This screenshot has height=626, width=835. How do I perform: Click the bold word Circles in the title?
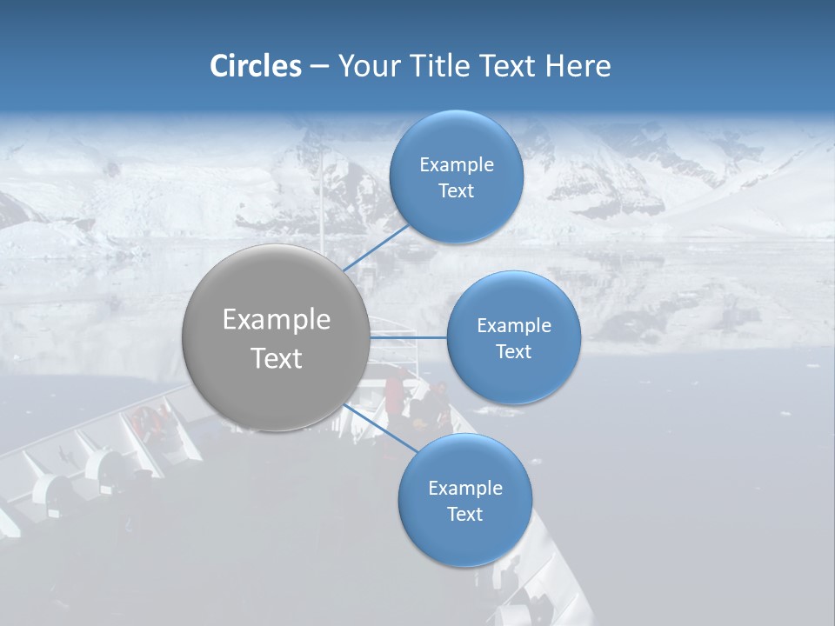pos(256,66)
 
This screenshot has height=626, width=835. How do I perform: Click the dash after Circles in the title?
pos(319,67)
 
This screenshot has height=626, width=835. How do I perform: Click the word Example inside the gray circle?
pos(277,320)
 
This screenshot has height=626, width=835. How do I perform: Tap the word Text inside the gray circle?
pos(277,358)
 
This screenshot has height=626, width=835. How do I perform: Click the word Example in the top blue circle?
pos(457,164)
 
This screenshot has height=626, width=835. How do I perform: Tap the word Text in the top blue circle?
pos(456,190)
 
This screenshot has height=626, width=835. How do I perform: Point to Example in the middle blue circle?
pos(514,325)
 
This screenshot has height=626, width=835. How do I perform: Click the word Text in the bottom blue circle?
pos(464,514)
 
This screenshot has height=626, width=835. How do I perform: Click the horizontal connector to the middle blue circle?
pos(409,337)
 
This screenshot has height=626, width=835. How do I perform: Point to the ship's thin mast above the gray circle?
pos(321,200)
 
